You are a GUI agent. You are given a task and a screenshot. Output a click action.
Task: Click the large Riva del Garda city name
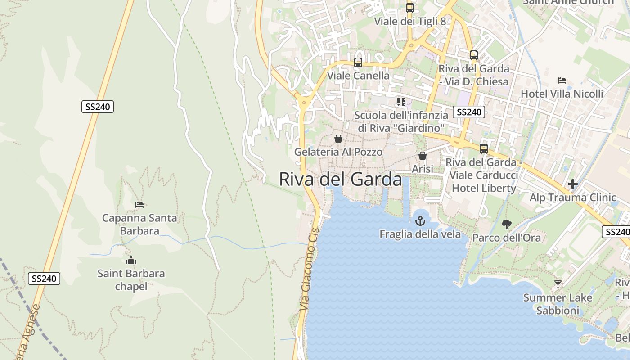(x=340, y=179)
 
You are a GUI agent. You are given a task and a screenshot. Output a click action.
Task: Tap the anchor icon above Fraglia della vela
(x=420, y=221)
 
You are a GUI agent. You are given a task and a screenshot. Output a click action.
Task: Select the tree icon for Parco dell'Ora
(x=507, y=225)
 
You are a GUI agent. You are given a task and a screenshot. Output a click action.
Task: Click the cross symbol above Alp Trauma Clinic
(x=572, y=184)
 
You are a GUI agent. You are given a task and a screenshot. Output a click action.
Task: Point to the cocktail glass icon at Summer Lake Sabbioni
(x=558, y=284)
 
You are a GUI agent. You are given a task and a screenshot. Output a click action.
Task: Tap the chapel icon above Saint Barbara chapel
(x=131, y=260)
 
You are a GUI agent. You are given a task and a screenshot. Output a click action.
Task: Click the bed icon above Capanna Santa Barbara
(x=139, y=205)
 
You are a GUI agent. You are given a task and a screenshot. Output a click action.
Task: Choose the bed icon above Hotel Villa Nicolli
(x=562, y=81)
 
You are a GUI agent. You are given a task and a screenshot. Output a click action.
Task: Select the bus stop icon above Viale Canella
(x=358, y=63)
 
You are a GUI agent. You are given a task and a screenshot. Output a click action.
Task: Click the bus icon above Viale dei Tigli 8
(x=409, y=8)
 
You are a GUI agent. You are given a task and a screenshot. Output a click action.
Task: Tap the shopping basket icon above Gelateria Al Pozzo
(x=338, y=139)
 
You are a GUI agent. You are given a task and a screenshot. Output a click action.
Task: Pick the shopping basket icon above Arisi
(x=422, y=156)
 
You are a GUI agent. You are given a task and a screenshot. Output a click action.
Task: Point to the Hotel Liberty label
(x=484, y=188)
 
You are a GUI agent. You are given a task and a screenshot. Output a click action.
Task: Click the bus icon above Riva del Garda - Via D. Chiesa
(x=473, y=55)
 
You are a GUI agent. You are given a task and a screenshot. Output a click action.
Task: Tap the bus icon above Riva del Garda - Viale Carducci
(x=483, y=148)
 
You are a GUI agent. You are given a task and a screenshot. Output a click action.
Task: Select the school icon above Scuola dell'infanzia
(x=401, y=102)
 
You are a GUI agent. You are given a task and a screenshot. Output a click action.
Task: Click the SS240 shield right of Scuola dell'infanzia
(x=468, y=112)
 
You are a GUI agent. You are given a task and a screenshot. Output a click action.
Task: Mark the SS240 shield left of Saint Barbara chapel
(x=44, y=279)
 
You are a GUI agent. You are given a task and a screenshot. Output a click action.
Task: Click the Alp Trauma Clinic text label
(x=572, y=198)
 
